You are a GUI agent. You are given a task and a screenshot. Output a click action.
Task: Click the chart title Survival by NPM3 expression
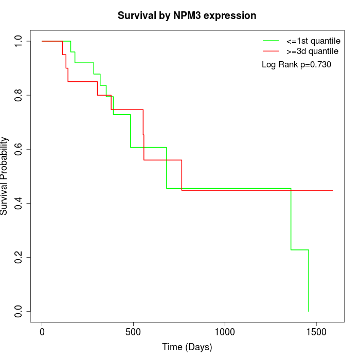187,16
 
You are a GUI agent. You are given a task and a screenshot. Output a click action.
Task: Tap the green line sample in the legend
271,41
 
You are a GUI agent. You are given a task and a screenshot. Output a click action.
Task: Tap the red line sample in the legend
271,51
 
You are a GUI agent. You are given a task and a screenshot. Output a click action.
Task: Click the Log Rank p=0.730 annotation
296,65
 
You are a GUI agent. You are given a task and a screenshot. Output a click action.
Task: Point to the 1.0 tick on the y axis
18,41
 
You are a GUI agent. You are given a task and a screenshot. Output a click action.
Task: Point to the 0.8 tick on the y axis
18,95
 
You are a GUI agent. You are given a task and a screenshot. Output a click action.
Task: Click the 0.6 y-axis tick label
18,149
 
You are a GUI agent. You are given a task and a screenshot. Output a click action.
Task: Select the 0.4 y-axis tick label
18,204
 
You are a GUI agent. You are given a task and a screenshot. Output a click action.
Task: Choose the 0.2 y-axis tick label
18,257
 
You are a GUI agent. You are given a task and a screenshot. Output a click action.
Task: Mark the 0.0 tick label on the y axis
18,311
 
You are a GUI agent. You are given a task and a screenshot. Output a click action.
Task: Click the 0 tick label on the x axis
42,332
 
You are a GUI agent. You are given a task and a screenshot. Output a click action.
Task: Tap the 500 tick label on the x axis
133,332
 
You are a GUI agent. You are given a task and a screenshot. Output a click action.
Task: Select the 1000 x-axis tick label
225,332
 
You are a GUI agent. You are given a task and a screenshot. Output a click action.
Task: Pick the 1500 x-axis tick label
316,332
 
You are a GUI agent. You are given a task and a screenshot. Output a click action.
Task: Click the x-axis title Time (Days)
187,347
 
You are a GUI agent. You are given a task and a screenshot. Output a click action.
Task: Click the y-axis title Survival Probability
4,176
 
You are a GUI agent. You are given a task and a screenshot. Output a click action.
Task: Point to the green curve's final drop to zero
309,281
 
